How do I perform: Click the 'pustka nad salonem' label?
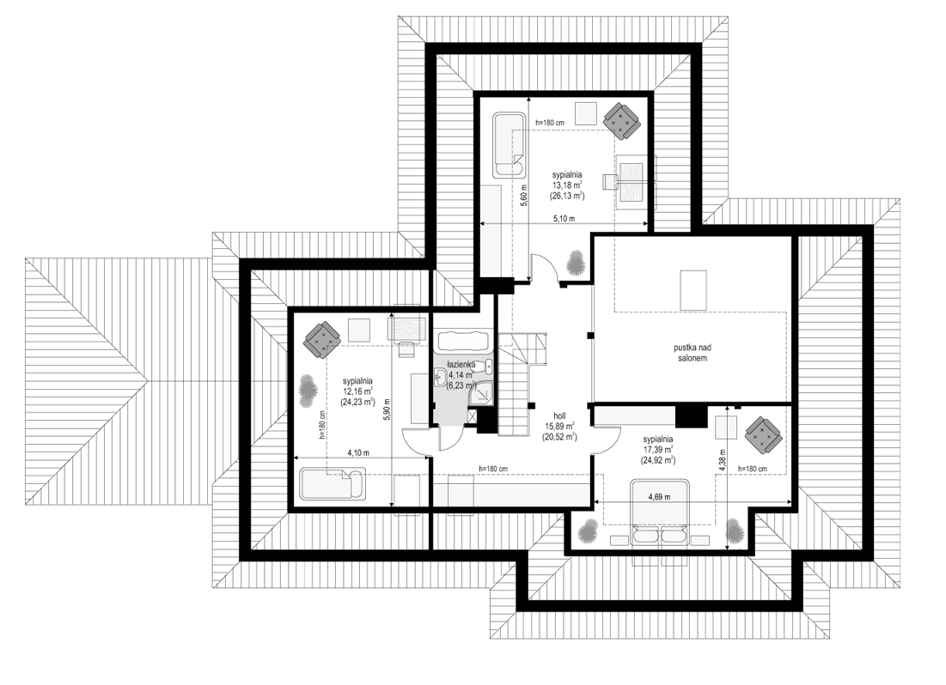[691, 353]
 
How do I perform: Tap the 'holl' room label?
[559, 415]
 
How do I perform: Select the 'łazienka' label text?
[461, 365]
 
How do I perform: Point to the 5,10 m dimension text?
[565, 218]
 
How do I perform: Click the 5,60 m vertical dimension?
[523, 196]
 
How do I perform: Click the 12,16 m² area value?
[357, 391]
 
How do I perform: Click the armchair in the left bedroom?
[321, 339]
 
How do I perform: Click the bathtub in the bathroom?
[463, 342]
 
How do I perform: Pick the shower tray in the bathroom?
[482, 392]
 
